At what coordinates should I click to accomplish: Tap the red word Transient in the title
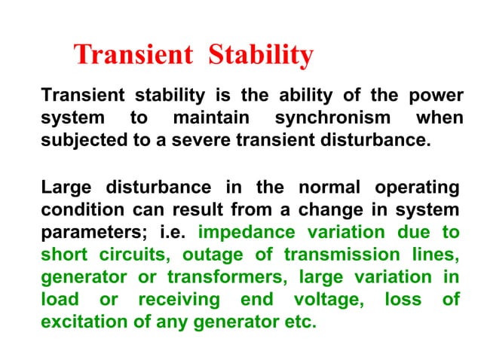tap(133, 55)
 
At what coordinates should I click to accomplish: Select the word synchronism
tap(332, 118)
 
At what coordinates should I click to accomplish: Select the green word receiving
tap(179, 299)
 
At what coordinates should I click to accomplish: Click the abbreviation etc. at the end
tap(299, 322)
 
